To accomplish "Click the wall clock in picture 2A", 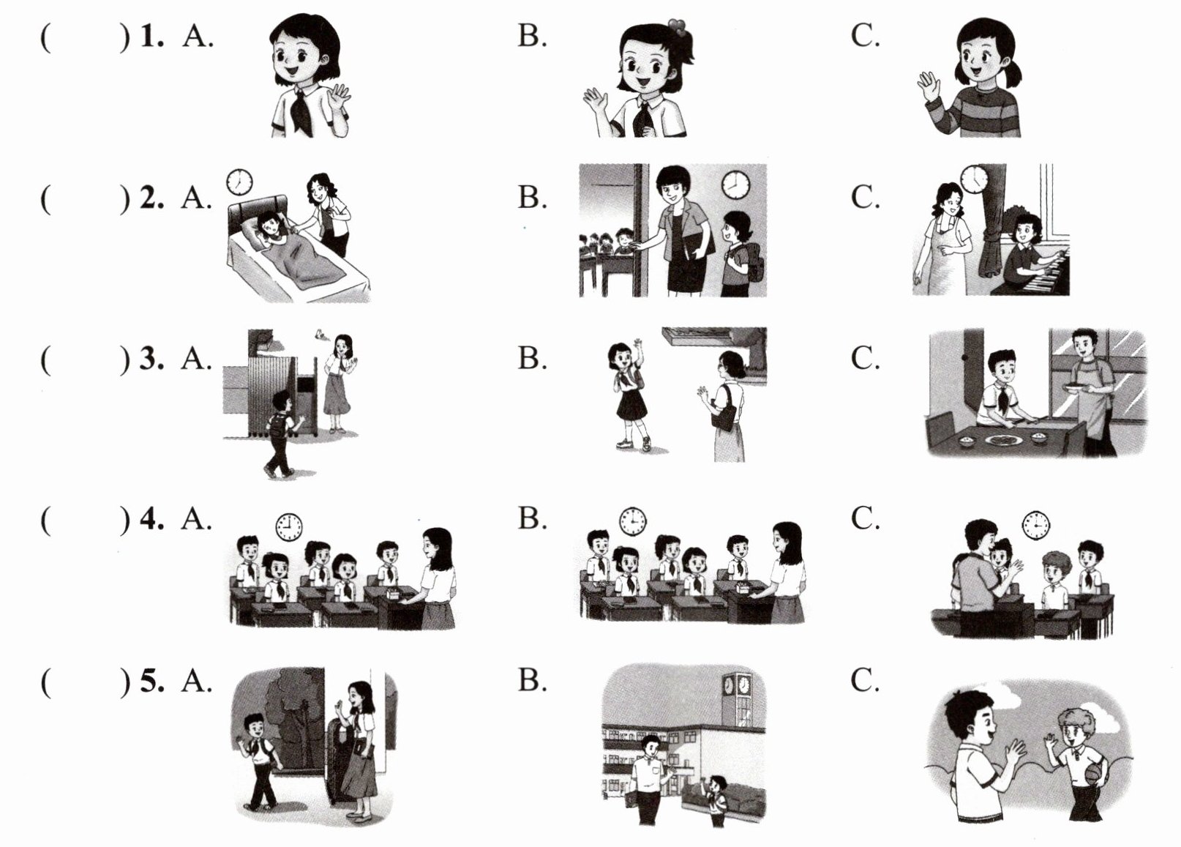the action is pyautogui.click(x=239, y=182).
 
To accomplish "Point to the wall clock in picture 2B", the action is pyautogui.click(x=735, y=184).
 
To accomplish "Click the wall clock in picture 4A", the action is pyautogui.click(x=289, y=527).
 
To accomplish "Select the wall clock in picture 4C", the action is pyautogui.click(x=1036, y=526).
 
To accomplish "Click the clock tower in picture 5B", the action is pyautogui.click(x=737, y=699).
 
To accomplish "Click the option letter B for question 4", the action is pyautogui.click(x=532, y=518).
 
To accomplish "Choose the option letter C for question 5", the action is pyautogui.click(x=865, y=681).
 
